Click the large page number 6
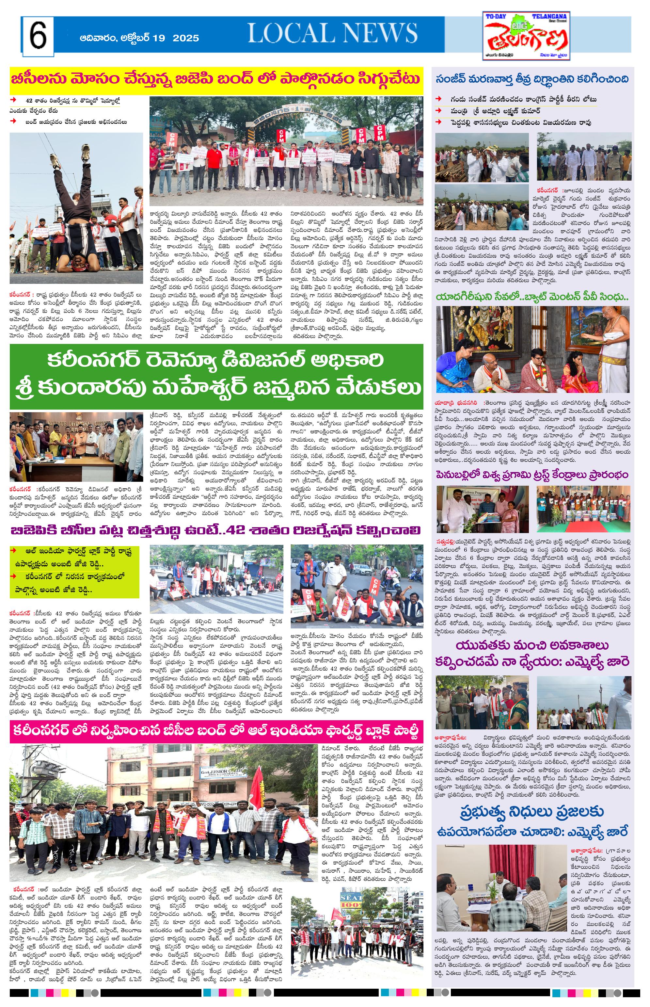[38, 36]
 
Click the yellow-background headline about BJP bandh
[216, 79]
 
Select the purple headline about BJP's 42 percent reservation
[216, 530]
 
